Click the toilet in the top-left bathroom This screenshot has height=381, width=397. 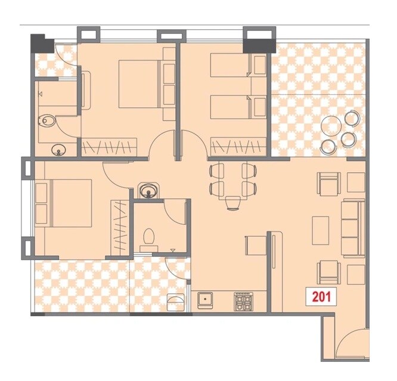[48, 122]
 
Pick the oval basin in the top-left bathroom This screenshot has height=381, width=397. [58, 149]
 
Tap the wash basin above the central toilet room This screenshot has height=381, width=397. [147, 191]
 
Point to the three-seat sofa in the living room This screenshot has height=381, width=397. [352, 228]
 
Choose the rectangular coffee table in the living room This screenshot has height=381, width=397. [321, 229]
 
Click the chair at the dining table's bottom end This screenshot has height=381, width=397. [233, 203]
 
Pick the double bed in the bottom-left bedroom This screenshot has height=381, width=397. [64, 203]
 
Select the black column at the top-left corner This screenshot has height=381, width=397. [42, 43]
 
